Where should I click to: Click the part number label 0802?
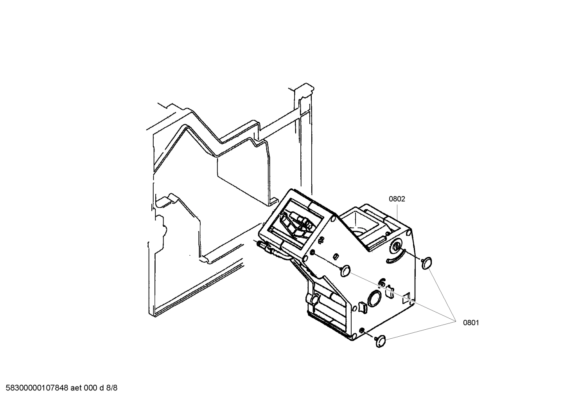point(397,199)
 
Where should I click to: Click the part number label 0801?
point(471,323)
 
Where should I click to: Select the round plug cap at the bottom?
point(380,341)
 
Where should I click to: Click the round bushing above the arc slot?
point(397,247)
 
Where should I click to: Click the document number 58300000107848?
point(35,388)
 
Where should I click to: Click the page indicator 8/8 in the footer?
point(112,388)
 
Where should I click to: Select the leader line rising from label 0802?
point(398,213)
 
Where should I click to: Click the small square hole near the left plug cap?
point(336,256)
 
